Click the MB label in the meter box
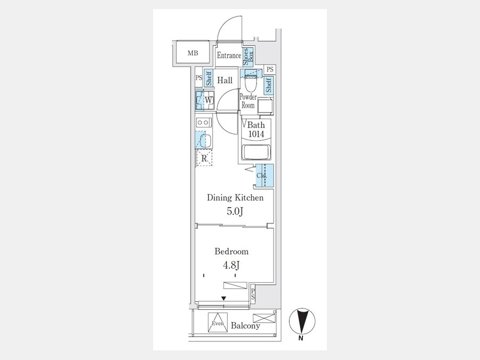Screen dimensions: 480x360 pos(193,53)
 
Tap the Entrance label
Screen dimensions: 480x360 pos(229,55)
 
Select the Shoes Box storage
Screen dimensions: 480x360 pos(248,57)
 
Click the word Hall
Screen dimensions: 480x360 pos(225,80)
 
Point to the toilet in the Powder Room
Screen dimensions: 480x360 pos(251,81)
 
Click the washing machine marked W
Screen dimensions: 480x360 pos(205,100)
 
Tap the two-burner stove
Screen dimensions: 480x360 pos(203,123)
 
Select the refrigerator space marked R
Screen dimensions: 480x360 pos(204,158)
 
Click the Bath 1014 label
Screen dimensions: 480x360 pos(256,129)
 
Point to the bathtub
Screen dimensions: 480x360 pos(256,152)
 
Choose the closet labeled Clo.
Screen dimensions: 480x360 pos(265,175)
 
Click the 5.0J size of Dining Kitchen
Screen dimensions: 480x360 pos(235,211)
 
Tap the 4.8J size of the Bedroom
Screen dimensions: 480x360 pos(231,265)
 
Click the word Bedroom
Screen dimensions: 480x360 pos(231,252)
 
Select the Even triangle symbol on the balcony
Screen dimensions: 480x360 pos(218,322)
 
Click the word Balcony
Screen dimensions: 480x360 pos(245,325)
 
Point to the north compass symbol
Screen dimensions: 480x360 pos(302,322)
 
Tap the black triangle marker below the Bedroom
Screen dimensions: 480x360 pos(224,298)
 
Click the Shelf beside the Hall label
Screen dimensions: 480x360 pos(209,78)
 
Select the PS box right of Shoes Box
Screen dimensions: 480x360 pos(269,69)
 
